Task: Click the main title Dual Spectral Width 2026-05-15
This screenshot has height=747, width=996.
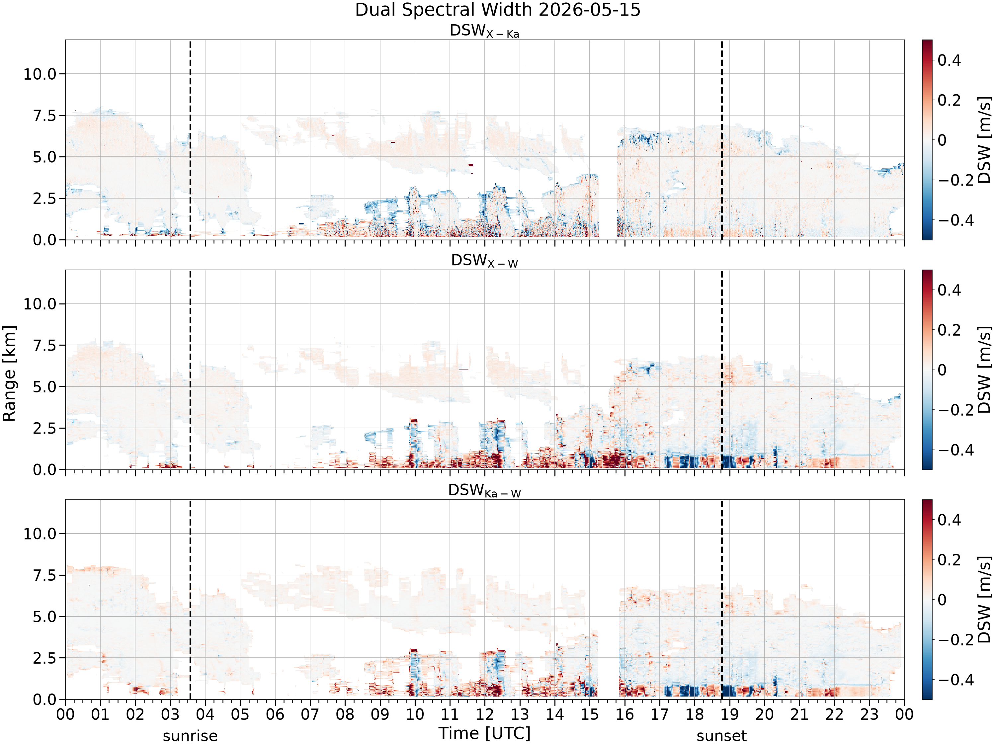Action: click(498, 10)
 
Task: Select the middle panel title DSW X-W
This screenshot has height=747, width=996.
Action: click(484, 261)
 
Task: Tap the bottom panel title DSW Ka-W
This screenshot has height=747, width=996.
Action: click(484, 490)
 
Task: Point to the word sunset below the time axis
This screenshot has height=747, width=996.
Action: click(721, 736)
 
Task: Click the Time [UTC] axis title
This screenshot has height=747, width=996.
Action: click(484, 733)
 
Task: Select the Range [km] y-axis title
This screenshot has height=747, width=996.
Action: click(9, 373)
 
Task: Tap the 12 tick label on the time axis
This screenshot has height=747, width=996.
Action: click(485, 714)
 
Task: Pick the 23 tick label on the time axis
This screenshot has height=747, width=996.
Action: click(870, 714)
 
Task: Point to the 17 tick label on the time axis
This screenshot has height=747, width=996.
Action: click(660, 714)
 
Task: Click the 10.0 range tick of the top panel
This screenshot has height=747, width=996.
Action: click(40, 74)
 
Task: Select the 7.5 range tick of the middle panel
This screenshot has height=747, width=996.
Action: click(45, 345)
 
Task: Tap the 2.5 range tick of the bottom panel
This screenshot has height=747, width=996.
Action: click(45, 658)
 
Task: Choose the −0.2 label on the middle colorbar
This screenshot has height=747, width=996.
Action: click(955, 410)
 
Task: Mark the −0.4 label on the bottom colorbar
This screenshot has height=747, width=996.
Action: click(955, 680)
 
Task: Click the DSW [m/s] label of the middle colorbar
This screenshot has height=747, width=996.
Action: click(985, 370)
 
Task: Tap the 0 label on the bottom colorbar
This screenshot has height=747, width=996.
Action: click(942, 600)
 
